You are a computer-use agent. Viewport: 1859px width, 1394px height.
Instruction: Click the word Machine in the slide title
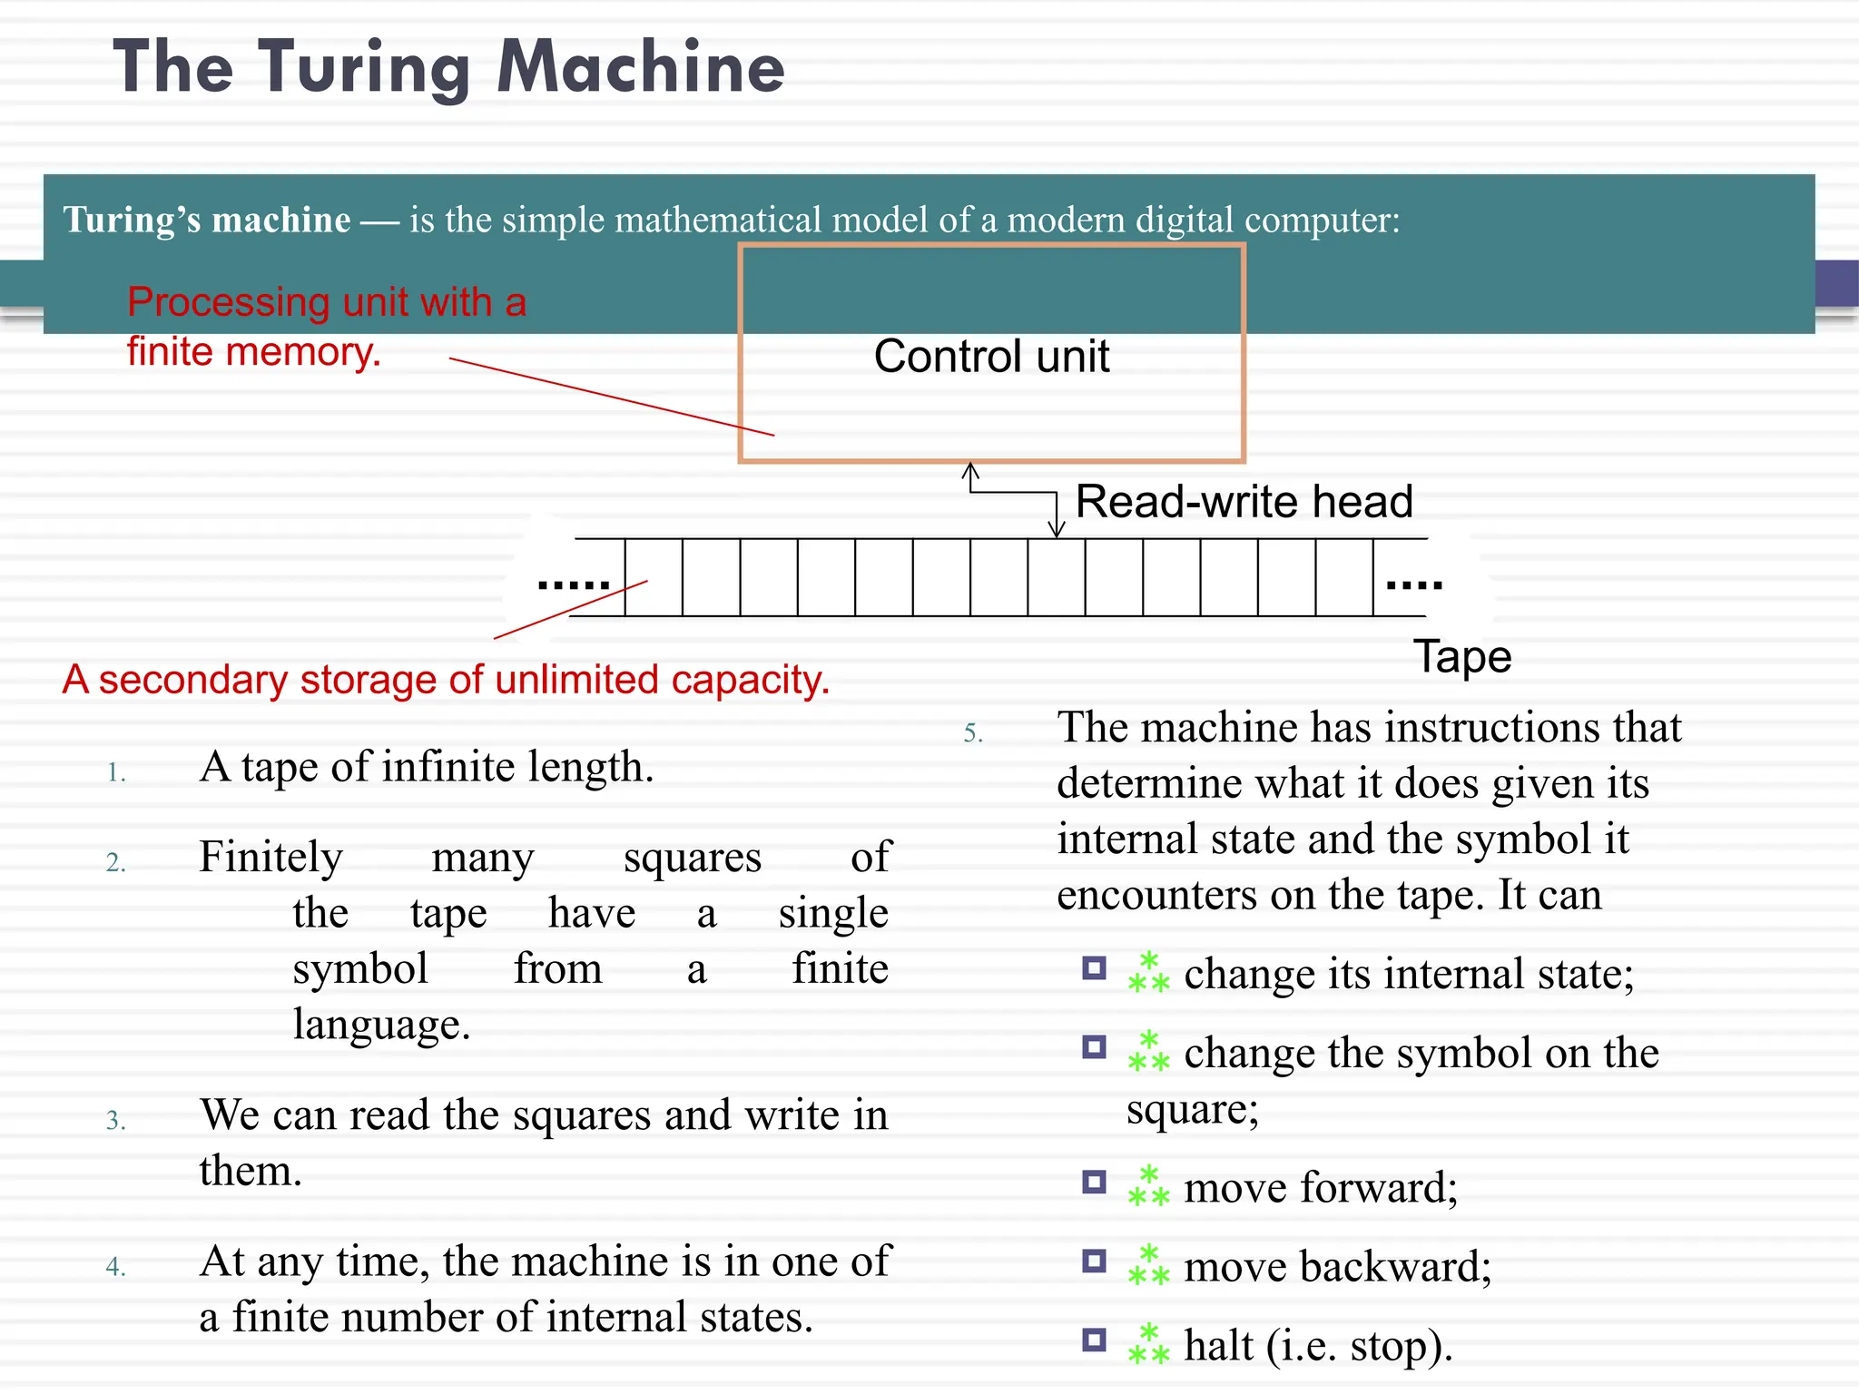641,67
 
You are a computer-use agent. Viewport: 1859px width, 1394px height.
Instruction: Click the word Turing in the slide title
363,69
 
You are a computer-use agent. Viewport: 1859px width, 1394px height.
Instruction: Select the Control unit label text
991,356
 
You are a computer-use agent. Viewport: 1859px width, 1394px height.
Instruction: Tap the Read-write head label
1244,502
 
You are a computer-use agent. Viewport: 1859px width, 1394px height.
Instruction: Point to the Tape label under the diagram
1462,656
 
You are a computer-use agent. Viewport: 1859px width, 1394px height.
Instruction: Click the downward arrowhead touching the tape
1057,530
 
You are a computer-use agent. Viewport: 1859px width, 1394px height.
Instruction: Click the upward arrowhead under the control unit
970,470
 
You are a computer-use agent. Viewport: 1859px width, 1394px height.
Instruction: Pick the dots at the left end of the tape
573,584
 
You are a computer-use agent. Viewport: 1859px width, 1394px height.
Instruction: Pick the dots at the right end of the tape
1414,584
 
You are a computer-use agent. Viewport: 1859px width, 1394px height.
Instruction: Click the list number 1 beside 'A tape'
116,773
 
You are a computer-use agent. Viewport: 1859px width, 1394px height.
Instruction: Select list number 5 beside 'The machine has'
973,733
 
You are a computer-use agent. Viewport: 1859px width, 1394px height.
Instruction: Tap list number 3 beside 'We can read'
115,1121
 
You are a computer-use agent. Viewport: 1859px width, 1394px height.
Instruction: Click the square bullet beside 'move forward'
1095,1182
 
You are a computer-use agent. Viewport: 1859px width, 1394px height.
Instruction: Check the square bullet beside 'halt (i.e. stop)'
1095,1340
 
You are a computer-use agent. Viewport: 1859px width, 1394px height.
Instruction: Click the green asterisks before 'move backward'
1148,1265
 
